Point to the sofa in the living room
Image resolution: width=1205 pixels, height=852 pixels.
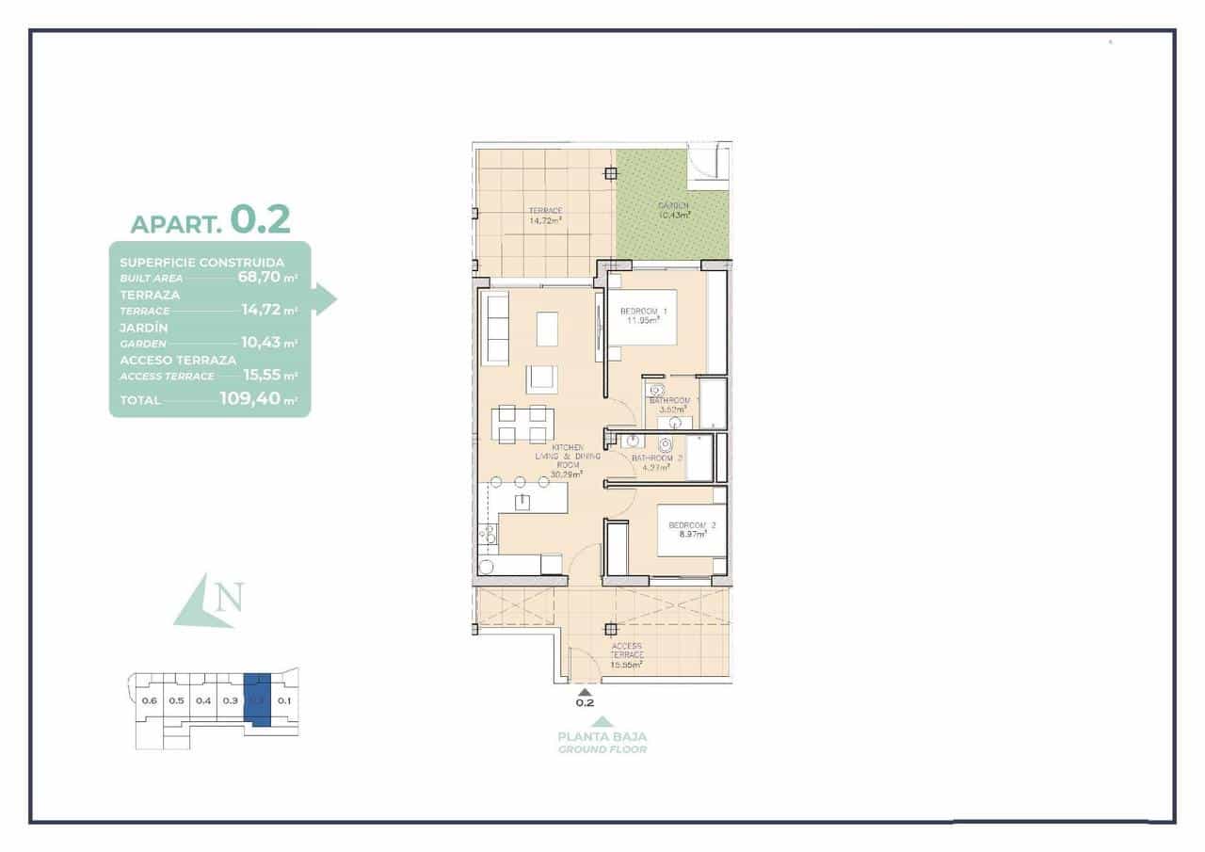(495, 328)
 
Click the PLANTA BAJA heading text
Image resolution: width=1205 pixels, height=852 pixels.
(602, 737)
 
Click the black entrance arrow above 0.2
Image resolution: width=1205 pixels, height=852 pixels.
(585, 691)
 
